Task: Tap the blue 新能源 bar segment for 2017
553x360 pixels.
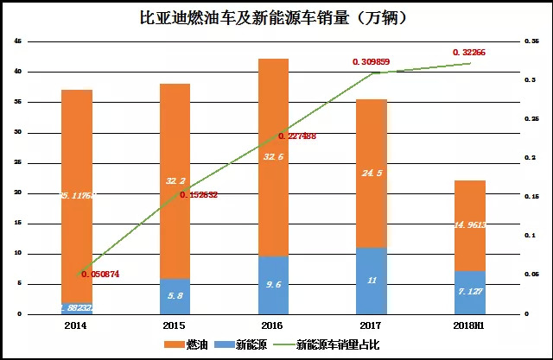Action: coord(372,281)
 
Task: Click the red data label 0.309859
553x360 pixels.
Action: coord(372,62)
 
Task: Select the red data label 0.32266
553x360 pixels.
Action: coord(469,53)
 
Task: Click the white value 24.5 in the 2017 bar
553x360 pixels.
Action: coord(372,172)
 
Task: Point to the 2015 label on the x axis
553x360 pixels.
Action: coord(175,325)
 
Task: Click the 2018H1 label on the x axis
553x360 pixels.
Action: coord(469,325)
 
